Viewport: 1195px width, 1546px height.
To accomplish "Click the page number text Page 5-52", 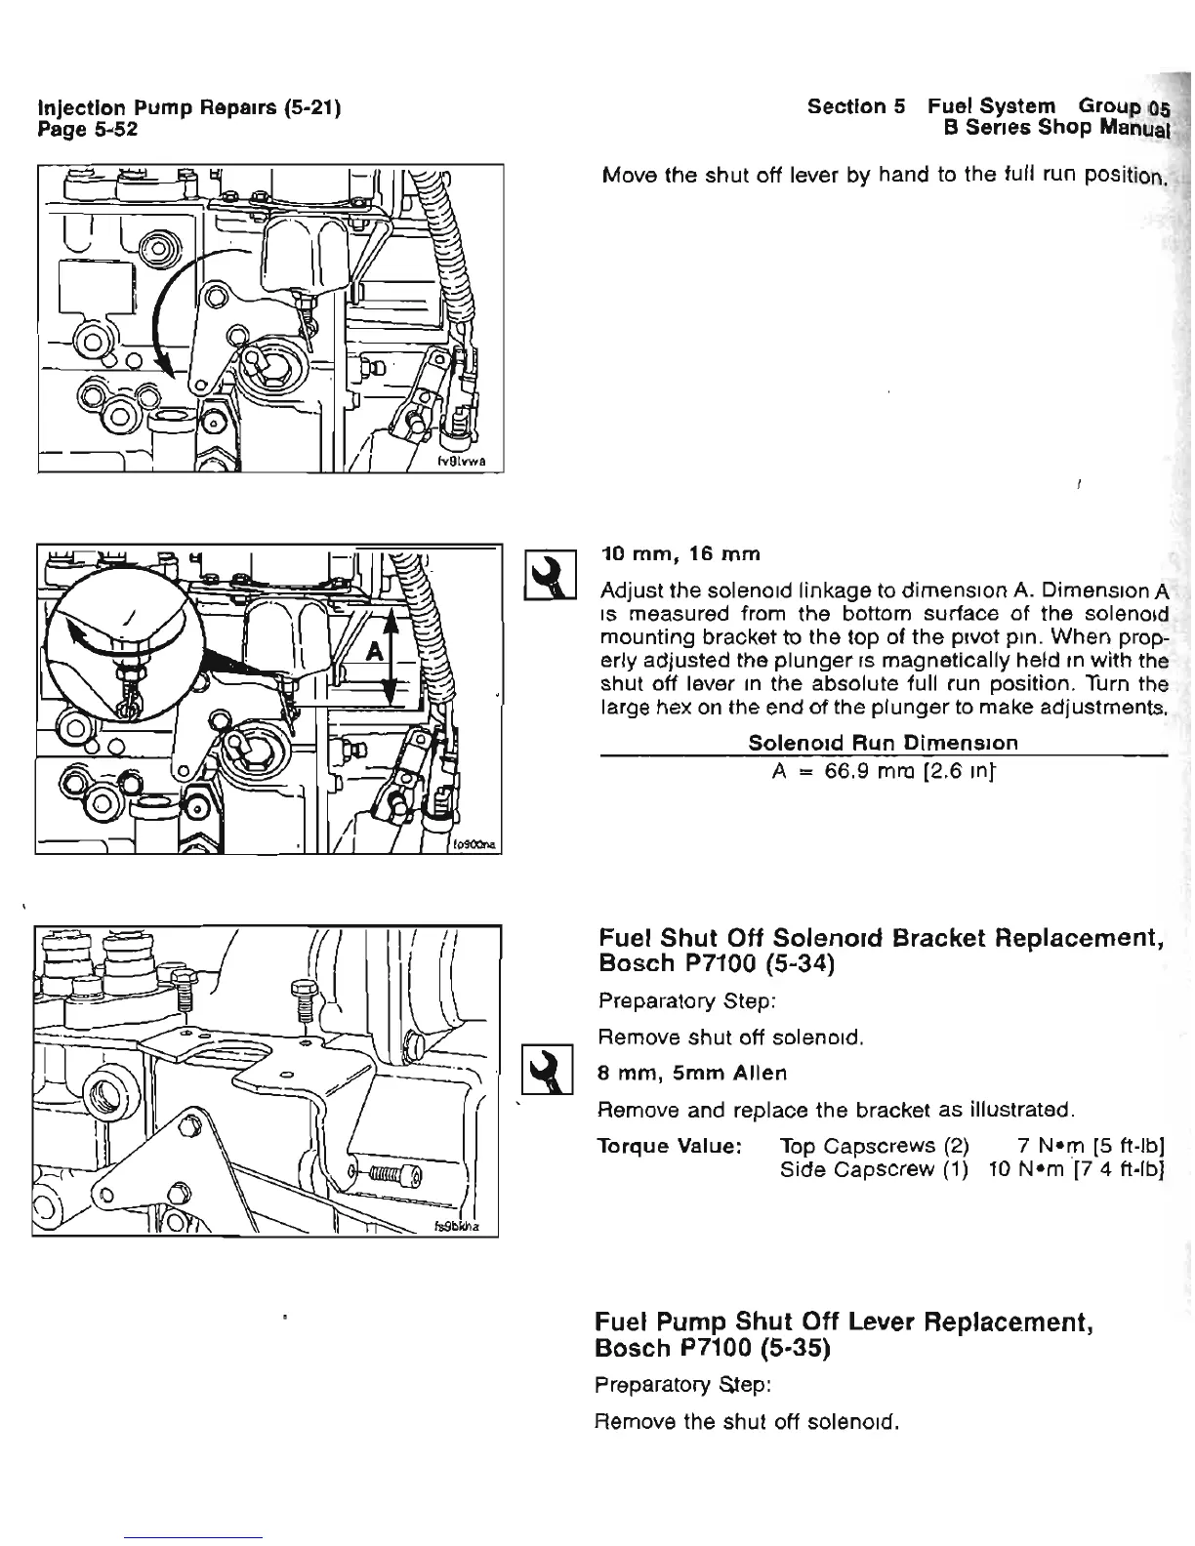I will coord(87,128).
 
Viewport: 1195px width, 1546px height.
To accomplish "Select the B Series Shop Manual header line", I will coord(1051,127).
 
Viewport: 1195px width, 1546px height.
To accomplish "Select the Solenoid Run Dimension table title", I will coord(883,742).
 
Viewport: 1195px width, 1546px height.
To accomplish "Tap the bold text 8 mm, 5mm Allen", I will coord(691,1073).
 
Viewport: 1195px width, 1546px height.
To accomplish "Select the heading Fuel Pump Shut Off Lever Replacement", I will coord(844,1323).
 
